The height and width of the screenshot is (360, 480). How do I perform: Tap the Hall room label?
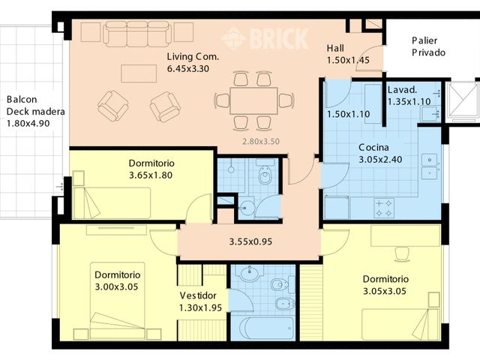335,48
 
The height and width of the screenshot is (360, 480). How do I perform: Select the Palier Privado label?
428,46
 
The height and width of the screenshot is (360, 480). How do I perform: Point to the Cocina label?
373,148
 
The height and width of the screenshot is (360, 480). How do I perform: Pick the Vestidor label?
198,295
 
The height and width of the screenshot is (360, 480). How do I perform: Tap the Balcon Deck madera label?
35,106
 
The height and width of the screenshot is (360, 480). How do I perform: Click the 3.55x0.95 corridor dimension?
250,241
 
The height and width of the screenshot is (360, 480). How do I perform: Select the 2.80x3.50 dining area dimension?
261,142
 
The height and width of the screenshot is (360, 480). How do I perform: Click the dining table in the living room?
253,101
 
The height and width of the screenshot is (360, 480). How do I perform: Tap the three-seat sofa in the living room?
137,34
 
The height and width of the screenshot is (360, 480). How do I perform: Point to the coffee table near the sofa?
139,73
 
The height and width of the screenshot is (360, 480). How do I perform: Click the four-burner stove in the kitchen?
384,208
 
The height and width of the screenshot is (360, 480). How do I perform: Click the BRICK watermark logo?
265,39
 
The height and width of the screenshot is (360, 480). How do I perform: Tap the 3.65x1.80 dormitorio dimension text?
151,175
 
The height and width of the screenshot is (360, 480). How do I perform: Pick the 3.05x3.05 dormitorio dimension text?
385,291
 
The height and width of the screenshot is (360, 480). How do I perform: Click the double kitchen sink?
430,166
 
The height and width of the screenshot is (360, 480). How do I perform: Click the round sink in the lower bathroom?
250,273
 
